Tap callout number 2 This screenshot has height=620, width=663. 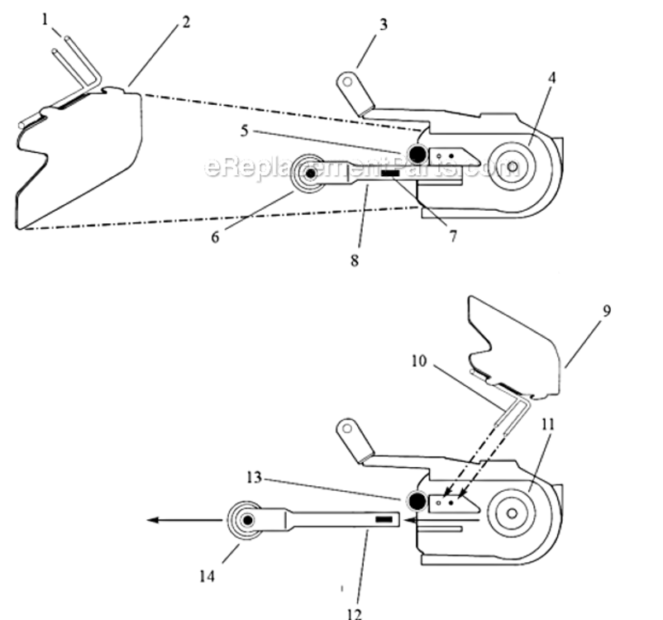point(187,22)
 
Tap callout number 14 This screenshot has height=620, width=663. point(207,576)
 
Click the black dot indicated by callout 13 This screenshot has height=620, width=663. point(417,501)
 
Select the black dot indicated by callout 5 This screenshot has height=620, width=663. point(416,154)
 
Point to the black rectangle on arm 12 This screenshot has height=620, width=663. point(384,519)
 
